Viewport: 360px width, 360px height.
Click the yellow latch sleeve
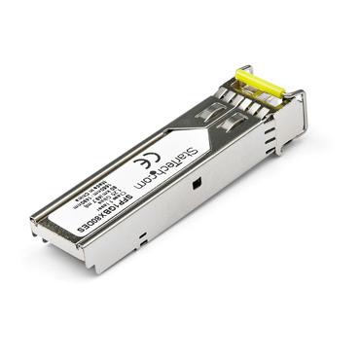pos(260,82)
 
